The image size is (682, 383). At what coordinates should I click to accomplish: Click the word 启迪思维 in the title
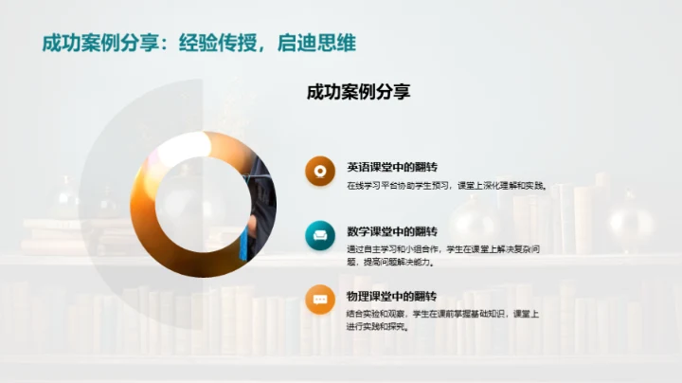point(316,43)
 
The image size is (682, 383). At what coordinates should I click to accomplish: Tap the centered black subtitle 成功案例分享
point(358,92)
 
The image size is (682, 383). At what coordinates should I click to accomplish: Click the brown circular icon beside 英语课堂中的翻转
point(320,171)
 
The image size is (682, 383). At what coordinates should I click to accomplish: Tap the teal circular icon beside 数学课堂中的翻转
point(320,234)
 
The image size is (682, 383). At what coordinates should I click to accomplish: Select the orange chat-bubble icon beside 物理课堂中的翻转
point(320,299)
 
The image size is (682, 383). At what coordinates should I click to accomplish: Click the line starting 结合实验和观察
point(442,314)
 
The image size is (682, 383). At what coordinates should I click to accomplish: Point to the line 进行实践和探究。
point(377,327)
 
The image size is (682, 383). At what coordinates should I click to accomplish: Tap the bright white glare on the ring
point(187,146)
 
